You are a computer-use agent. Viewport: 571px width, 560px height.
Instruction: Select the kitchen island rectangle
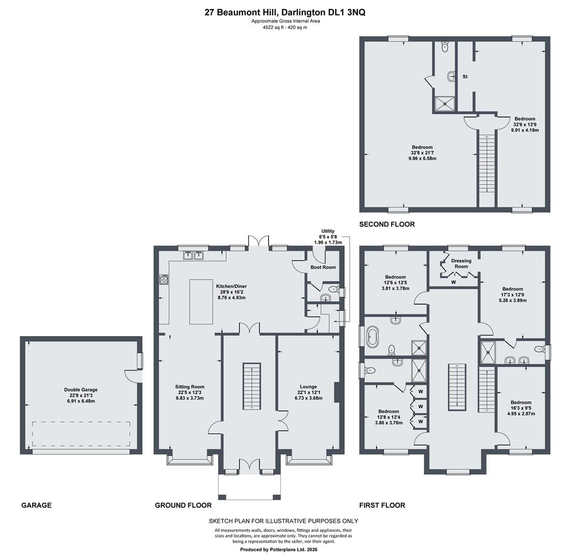click(x=201, y=302)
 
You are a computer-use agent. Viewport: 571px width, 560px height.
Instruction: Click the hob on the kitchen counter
click(x=164, y=279)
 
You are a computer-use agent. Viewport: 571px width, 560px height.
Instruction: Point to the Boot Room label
click(x=323, y=267)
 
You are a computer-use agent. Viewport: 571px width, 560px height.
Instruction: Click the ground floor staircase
click(x=252, y=386)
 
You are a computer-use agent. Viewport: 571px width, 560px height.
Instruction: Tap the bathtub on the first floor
click(x=373, y=336)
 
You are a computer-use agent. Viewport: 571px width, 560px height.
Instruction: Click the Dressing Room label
click(x=462, y=263)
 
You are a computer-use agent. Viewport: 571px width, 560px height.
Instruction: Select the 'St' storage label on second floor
click(x=465, y=76)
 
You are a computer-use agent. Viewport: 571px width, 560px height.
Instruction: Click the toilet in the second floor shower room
click(x=444, y=47)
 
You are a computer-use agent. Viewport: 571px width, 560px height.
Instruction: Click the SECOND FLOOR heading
click(x=387, y=225)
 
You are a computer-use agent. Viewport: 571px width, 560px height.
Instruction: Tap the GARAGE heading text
click(x=36, y=506)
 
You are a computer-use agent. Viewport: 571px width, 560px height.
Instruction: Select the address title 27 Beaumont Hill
click(x=241, y=12)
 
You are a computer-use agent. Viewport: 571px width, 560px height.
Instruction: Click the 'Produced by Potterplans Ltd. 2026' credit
click(x=278, y=550)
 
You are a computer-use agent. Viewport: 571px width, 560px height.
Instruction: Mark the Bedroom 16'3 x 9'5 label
click(x=521, y=408)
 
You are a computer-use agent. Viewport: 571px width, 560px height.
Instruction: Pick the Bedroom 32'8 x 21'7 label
click(x=423, y=153)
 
